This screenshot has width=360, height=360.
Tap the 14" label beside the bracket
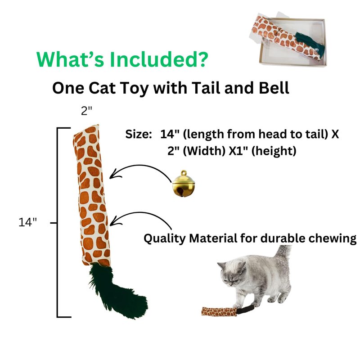click(27, 222)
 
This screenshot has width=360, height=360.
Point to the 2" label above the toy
click(86, 111)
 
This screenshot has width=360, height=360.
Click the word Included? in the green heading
click(159, 59)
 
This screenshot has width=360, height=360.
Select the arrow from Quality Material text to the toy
click(142, 213)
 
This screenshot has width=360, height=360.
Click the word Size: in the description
click(139, 134)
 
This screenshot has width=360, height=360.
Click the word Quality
click(164, 238)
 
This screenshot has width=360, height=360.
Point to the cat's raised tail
click(283, 252)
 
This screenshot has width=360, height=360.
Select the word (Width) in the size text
click(204, 151)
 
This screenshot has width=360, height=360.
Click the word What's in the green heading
click(70, 59)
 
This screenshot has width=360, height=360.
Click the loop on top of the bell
click(184, 173)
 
